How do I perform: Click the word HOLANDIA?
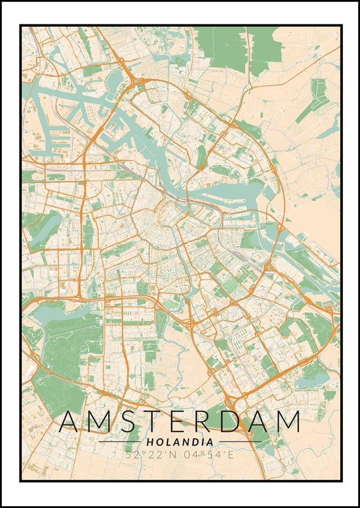[179, 442]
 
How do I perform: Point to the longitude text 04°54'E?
[209, 455]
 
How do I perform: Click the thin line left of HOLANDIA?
[119, 442]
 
